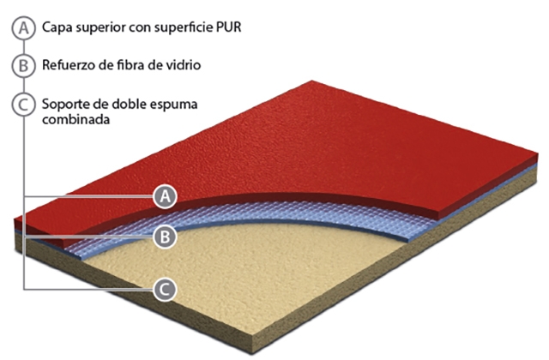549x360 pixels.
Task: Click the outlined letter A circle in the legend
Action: click(x=24, y=27)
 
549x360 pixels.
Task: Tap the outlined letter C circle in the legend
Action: click(x=24, y=105)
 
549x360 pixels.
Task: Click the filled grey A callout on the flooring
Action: click(x=166, y=197)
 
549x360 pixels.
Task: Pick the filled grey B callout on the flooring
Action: click(x=166, y=237)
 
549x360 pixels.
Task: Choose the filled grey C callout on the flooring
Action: click(x=166, y=289)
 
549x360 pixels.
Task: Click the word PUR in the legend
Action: click(x=227, y=27)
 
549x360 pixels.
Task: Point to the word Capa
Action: click(x=56, y=27)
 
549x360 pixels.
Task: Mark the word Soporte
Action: click(x=63, y=105)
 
